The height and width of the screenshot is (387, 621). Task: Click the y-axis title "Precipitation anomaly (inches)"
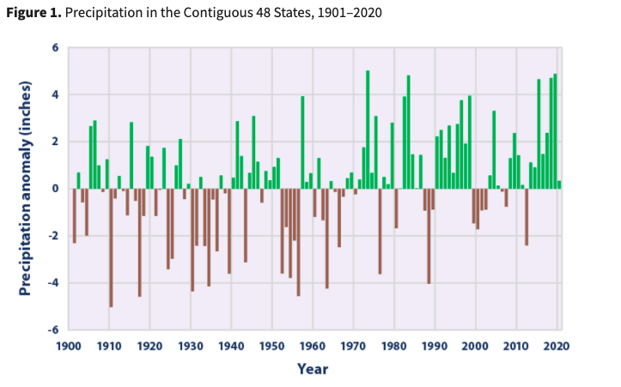pyautogui.click(x=26, y=189)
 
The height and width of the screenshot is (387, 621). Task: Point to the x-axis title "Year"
pyautogui.click(x=313, y=369)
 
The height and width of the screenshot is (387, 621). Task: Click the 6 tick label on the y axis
pyautogui.click(x=53, y=48)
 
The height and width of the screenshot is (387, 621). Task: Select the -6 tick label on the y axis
pyautogui.click(x=52, y=330)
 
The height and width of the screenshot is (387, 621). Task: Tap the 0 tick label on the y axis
pyautogui.click(x=53, y=189)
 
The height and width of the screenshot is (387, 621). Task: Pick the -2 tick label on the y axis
pyautogui.click(x=52, y=236)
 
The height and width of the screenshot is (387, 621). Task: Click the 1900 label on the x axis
pyautogui.click(x=69, y=346)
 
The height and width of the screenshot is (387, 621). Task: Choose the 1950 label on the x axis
pyautogui.click(x=272, y=346)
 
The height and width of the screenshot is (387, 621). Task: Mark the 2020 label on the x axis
pyautogui.click(x=557, y=346)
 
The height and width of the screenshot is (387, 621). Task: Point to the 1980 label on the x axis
pyautogui.click(x=394, y=346)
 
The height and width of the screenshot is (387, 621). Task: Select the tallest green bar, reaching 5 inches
pyautogui.click(x=368, y=129)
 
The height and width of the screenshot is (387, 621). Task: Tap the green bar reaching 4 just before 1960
pyautogui.click(x=302, y=142)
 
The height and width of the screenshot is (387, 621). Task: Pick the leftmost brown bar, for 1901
pyautogui.click(x=74, y=215)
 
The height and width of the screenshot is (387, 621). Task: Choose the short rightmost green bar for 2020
pyautogui.click(x=559, y=184)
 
